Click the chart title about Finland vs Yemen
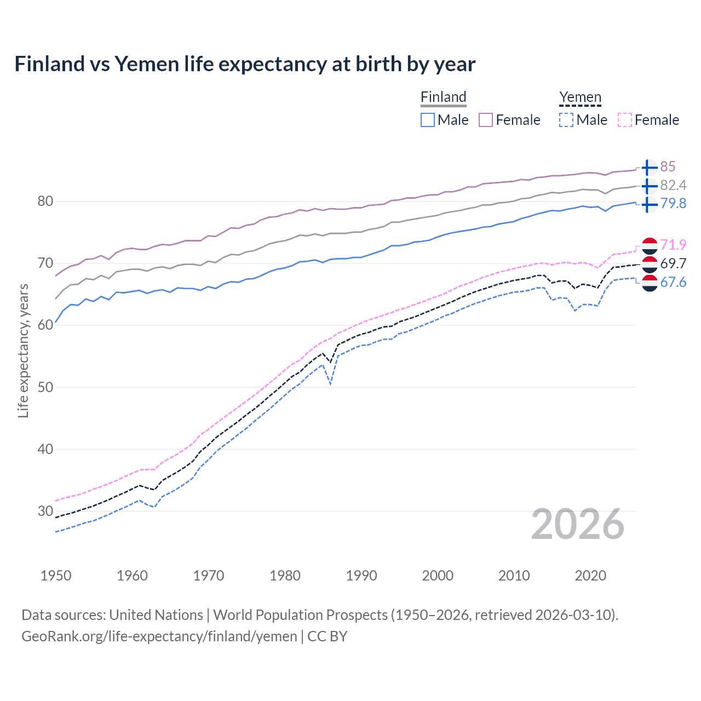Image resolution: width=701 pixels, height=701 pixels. (x=245, y=64)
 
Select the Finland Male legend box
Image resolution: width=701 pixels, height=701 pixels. (x=428, y=120)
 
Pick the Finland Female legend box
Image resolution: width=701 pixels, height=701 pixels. (x=486, y=120)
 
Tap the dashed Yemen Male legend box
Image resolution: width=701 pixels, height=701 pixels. (x=566, y=120)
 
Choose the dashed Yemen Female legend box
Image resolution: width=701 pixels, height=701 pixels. (x=625, y=120)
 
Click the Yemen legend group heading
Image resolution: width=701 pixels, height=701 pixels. (x=580, y=97)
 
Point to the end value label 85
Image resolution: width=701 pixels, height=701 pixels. (x=668, y=166)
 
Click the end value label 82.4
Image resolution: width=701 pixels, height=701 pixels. (x=673, y=185)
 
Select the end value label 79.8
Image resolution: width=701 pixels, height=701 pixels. (x=673, y=203)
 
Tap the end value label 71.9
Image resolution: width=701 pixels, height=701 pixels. (x=673, y=245)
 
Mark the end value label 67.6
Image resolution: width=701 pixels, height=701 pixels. (x=673, y=282)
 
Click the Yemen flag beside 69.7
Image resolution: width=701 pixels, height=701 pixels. (x=650, y=264)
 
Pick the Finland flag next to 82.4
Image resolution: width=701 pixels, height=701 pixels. (x=649, y=186)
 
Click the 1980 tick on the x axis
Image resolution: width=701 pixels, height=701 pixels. (x=285, y=576)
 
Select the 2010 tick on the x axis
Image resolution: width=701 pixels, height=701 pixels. (x=514, y=576)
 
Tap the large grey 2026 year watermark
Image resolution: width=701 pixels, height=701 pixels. (x=578, y=524)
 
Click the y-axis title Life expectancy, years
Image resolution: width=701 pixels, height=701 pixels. (x=23, y=350)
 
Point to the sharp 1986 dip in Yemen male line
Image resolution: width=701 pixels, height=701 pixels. (x=330, y=384)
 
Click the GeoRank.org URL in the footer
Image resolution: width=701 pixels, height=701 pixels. (x=159, y=636)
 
